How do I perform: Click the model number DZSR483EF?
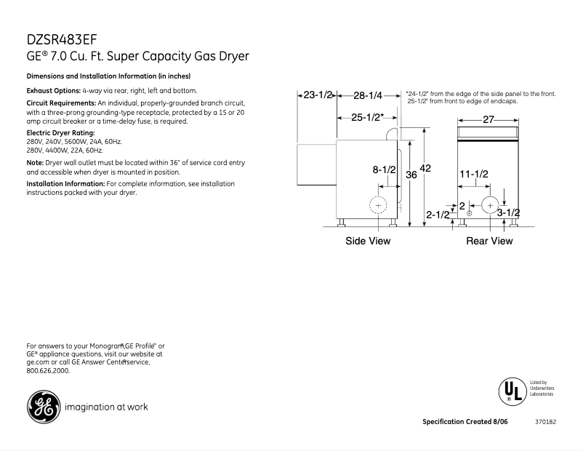click(61, 39)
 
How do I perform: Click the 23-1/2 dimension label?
click(318, 95)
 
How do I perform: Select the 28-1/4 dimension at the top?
click(368, 95)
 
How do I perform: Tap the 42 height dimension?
click(426, 168)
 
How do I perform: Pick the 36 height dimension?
click(411, 175)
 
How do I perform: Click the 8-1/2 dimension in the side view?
click(384, 170)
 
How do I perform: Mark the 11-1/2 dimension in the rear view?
click(474, 174)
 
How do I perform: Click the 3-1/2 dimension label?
click(509, 212)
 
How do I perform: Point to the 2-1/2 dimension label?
click(438, 215)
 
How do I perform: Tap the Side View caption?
click(368, 241)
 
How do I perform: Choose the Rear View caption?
click(489, 241)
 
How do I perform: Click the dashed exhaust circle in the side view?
click(378, 206)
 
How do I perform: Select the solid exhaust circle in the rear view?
click(491, 204)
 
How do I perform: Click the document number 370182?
click(545, 422)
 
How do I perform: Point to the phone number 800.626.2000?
click(48, 370)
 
